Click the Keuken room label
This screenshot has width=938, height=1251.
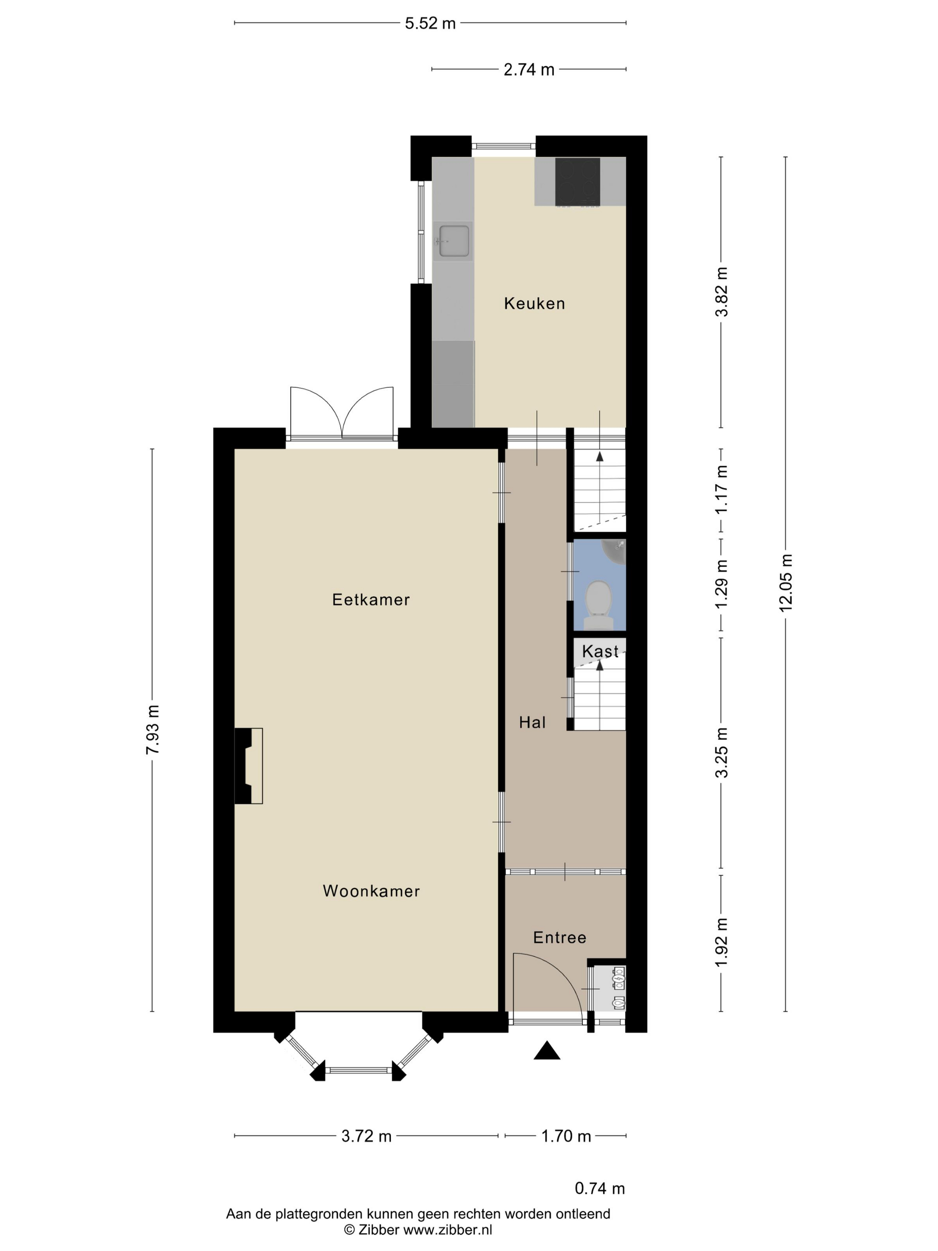tap(534, 304)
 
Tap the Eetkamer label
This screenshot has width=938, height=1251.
tap(371, 600)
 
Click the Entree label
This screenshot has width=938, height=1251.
tap(560, 938)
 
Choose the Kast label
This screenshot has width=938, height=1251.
tap(600, 651)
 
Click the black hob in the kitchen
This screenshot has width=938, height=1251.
tap(577, 181)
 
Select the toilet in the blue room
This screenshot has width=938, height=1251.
tap(599, 605)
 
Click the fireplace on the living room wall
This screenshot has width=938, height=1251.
tap(249, 766)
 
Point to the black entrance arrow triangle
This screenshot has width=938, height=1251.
tap(547, 1050)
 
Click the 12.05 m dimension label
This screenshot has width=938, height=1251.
tap(786, 583)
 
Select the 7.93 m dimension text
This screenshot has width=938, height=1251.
tap(153, 730)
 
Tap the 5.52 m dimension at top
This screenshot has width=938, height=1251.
tap(430, 24)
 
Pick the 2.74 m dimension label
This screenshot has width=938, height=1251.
tap(529, 70)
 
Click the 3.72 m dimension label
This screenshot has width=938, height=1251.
tap(366, 1136)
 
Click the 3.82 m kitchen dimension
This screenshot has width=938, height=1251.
tap(722, 292)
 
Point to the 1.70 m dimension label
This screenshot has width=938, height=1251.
tap(566, 1136)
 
